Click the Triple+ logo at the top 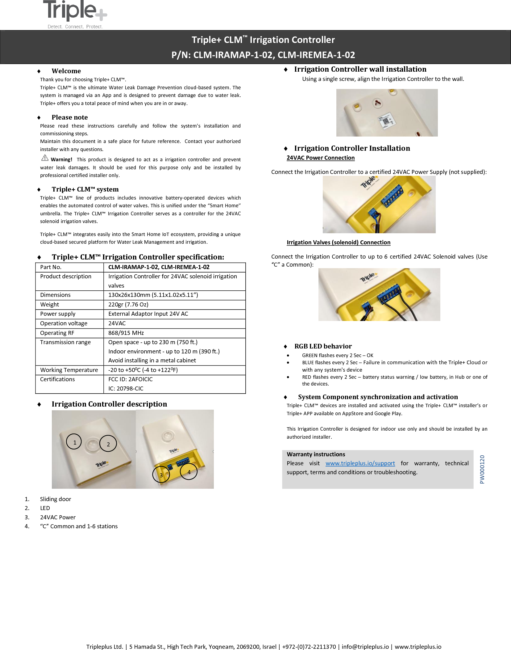click(x=75, y=14)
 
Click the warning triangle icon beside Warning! click(x=45, y=158)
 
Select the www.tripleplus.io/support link click(x=360, y=463)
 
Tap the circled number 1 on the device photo click(x=74, y=442)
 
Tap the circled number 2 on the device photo click(x=108, y=444)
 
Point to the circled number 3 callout click(x=161, y=475)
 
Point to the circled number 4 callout click(x=189, y=471)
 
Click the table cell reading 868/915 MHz click(x=126, y=333)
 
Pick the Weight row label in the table click(x=49, y=305)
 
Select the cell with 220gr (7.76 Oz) click(x=128, y=305)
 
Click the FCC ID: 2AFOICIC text click(x=130, y=379)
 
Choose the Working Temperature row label click(x=69, y=370)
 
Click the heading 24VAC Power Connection click(x=320, y=158)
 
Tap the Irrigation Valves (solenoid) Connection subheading click(x=338, y=243)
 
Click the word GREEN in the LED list click(x=310, y=355)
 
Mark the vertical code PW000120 click(x=482, y=469)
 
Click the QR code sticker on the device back click(x=386, y=120)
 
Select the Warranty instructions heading click(x=316, y=454)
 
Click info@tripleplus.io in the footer click(x=365, y=647)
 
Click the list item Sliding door click(x=56, y=499)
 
